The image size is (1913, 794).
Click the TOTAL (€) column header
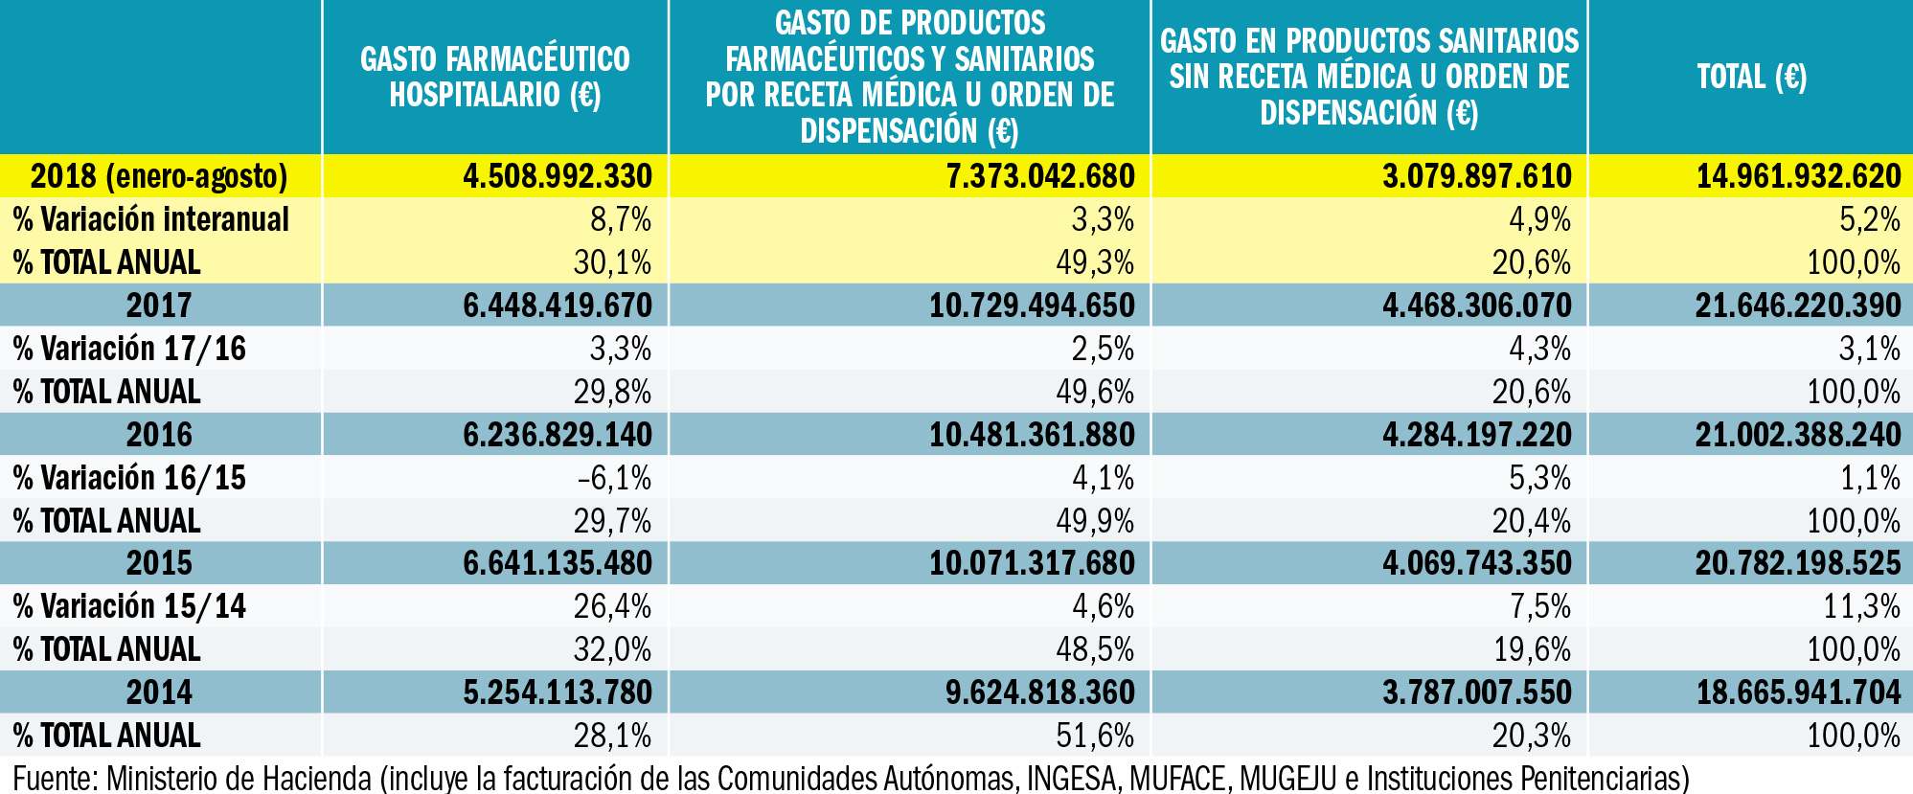coord(1751,77)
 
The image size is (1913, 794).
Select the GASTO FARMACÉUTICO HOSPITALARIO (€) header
coord(494,77)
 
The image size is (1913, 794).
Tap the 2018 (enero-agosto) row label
coord(159,176)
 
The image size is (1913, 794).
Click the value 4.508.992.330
coord(557,176)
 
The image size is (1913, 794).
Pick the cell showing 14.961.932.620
coord(1798,176)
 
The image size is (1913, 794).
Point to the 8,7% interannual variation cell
coord(620,219)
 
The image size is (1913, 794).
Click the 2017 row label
coord(159,306)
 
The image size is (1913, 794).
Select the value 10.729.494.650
coord(1031,306)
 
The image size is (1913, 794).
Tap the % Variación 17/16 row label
coord(129,349)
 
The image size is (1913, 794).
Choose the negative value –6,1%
coord(614,478)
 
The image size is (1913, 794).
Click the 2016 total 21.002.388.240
coord(1797,435)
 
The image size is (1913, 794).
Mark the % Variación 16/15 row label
coord(129,478)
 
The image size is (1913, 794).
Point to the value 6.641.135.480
coord(557,563)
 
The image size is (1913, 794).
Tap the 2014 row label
coord(159,692)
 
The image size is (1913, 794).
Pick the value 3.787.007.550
coord(1476,692)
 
